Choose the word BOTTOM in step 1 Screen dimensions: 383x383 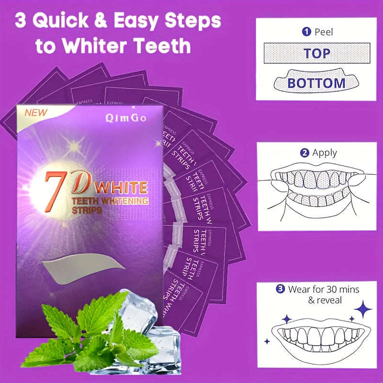coord(316,83)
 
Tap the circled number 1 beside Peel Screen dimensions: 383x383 coord(306,32)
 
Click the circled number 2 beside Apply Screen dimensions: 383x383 coord(304,154)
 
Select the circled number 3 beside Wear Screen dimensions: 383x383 coord(281,289)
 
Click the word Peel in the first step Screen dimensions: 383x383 coord(324,32)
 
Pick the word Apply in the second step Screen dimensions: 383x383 coord(325,154)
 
